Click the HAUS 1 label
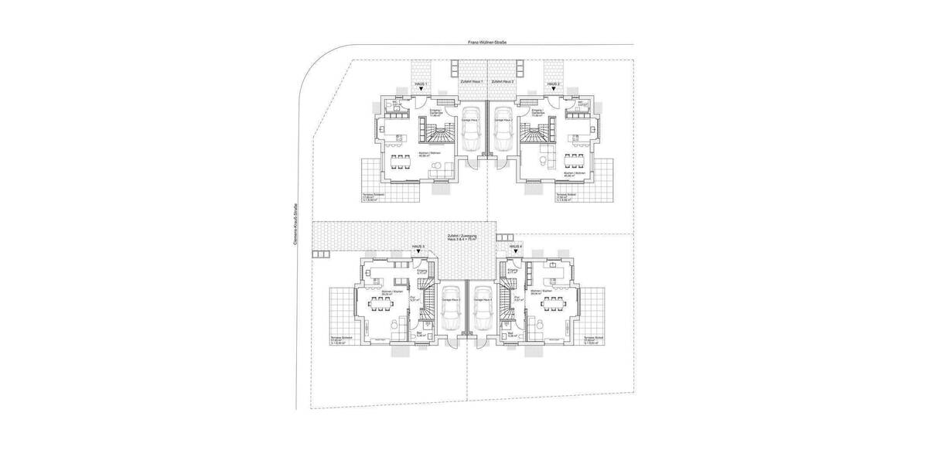click(x=421, y=84)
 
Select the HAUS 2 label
click(x=553, y=84)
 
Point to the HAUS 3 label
click(x=418, y=246)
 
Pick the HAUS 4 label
click(x=516, y=246)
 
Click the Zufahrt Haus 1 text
click(x=471, y=81)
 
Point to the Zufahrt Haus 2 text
click(x=503, y=81)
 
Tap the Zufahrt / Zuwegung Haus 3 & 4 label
click(x=462, y=237)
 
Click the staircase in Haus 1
click(x=435, y=137)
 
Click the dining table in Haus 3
click(x=383, y=304)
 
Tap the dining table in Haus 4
click(x=552, y=303)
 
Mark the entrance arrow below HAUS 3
click(x=418, y=253)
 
